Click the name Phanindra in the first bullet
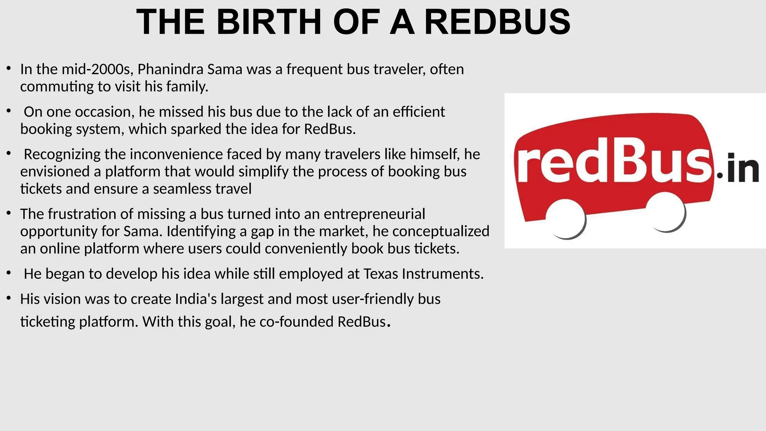click(x=170, y=69)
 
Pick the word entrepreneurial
click(x=374, y=214)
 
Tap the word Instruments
click(x=443, y=274)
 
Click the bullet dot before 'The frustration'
click(x=9, y=213)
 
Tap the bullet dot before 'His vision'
click(x=9, y=298)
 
